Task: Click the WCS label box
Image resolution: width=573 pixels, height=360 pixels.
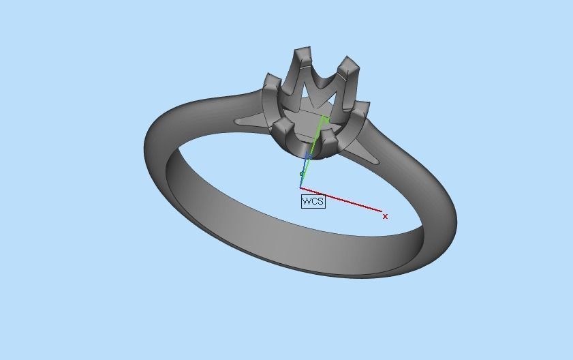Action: (313, 201)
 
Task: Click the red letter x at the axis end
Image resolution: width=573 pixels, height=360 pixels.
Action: (386, 216)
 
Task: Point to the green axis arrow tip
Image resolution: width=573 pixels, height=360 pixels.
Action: (326, 119)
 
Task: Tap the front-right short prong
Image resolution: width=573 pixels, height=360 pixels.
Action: (328, 138)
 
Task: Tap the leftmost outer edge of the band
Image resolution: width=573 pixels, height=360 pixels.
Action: (146, 149)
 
